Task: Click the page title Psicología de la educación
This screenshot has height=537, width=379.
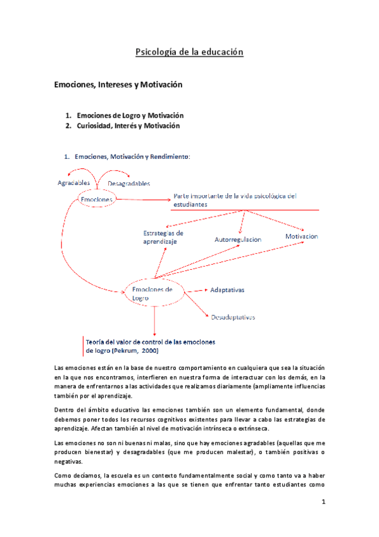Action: pos(189,52)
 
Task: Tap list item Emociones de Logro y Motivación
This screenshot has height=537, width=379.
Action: pos(130,116)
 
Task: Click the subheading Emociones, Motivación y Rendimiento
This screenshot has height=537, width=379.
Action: pos(132,156)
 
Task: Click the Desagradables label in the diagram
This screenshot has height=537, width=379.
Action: pos(128,184)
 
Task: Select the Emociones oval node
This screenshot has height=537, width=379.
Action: pos(97,199)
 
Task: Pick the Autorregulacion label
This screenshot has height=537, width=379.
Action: pos(238,241)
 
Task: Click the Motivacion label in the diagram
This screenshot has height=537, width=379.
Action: pos(301,236)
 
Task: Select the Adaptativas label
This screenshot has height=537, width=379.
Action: pos(227,289)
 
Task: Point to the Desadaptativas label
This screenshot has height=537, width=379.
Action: pos(233,317)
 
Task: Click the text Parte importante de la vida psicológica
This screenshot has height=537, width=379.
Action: pos(234,196)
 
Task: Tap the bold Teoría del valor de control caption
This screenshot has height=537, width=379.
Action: pos(150,342)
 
